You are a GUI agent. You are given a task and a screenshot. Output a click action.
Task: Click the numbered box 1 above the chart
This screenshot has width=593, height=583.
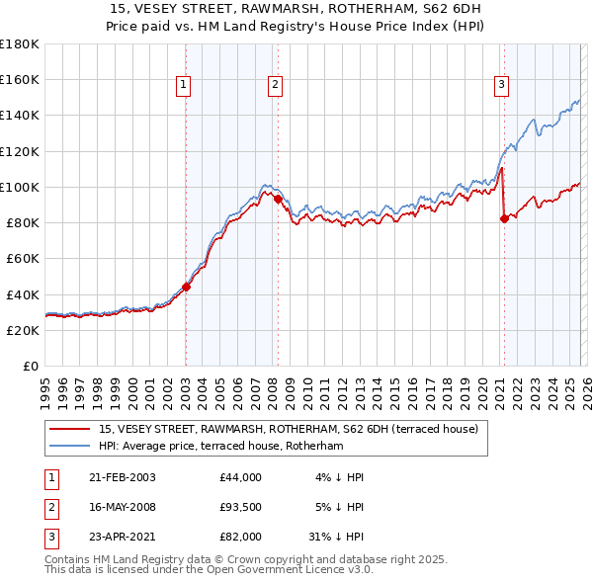pos(184,86)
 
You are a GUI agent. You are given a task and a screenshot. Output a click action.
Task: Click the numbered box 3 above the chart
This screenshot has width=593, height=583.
pos(501,86)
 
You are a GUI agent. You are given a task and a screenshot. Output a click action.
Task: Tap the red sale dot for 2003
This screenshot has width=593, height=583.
pos(186,288)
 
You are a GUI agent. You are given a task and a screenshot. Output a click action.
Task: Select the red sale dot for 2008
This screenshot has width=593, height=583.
pos(278,199)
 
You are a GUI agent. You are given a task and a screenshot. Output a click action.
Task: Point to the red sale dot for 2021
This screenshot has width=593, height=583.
pos(504,219)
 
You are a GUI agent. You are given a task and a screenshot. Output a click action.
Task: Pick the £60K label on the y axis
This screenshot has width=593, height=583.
pos(22,259)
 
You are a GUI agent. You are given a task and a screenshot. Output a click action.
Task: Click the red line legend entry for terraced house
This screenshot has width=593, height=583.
pos(289,429)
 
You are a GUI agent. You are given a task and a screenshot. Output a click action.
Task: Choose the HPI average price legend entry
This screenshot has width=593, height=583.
pos(219,447)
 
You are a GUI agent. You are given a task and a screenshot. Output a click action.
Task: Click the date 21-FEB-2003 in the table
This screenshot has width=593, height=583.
pos(122,477)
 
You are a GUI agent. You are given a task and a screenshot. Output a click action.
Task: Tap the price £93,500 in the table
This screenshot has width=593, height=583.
pos(240,507)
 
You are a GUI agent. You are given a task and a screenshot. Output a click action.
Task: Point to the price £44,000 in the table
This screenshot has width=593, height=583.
pos(240,477)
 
